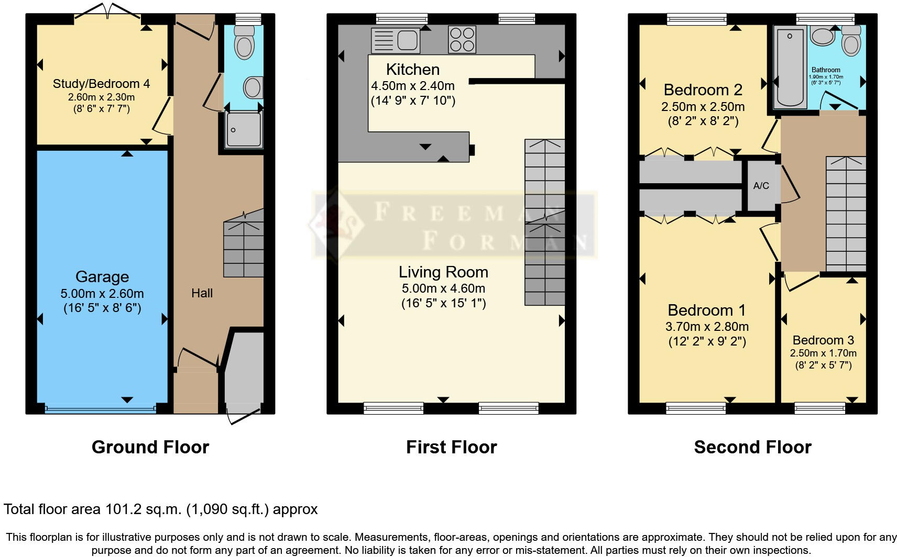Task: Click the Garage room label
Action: point(102,277)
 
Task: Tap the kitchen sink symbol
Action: point(396,40)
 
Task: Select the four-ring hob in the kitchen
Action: point(462,40)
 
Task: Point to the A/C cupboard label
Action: point(761,186)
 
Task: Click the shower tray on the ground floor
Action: point(244,129)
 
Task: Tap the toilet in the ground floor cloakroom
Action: point(244,42)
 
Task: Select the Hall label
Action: point(202,293)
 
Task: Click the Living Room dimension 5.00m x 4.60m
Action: point(443,288)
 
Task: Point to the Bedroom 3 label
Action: point(823,340)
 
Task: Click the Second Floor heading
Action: point(752,447)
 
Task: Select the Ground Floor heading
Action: point(150,447)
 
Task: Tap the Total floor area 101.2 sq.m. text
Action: point(160,509)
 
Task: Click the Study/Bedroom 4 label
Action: point(101,84)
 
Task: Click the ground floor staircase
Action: point(244,249)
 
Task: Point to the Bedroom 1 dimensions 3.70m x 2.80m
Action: point(707,327)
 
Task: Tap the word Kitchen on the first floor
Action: point(412,69)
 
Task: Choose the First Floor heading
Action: point(451,447)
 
